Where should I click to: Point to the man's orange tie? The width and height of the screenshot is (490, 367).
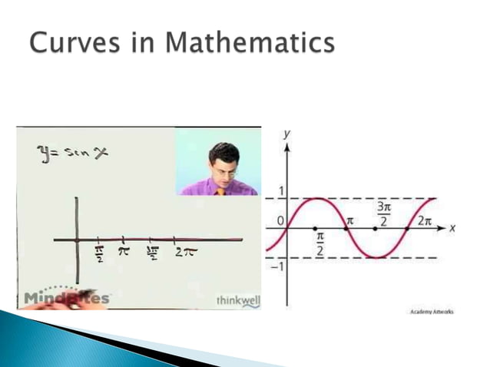(220, 191)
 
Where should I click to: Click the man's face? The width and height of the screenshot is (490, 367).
(225, 164)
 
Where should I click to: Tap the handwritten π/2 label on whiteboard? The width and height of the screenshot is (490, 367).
(99, 254)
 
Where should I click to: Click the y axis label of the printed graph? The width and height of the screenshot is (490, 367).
(286, 134)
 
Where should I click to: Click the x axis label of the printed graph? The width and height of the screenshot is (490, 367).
(453, 228)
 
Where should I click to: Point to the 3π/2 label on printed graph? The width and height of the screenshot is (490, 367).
(382, 213)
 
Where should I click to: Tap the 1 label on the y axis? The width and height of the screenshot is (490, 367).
(280, 190)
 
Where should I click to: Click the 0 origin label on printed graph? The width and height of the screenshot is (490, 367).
(280, 220)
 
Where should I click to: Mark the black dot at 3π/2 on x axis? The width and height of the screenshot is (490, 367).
(375, 228)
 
